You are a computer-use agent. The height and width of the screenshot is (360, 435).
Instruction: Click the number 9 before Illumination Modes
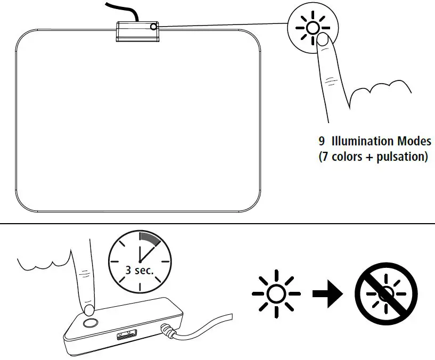[x=322, y=142]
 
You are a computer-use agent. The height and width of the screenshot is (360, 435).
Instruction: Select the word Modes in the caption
[x=413, y=142]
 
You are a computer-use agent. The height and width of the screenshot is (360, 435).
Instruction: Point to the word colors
[x=347, y=158]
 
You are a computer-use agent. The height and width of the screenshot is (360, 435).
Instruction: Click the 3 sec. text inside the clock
[x=139, y=269]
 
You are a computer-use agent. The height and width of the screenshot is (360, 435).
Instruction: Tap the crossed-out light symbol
[x=386, y=293]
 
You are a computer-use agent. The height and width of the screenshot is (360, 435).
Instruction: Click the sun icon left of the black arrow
[x=275, y=293]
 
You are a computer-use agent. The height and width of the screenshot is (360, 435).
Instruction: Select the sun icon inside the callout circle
[x=313, y=28]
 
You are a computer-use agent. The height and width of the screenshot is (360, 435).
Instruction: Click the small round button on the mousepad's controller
[x=154, y=27]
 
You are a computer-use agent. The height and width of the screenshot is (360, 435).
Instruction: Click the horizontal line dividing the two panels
[x=217, y=224]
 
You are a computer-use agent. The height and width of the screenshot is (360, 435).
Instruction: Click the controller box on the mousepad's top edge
[x=136, y=30]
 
